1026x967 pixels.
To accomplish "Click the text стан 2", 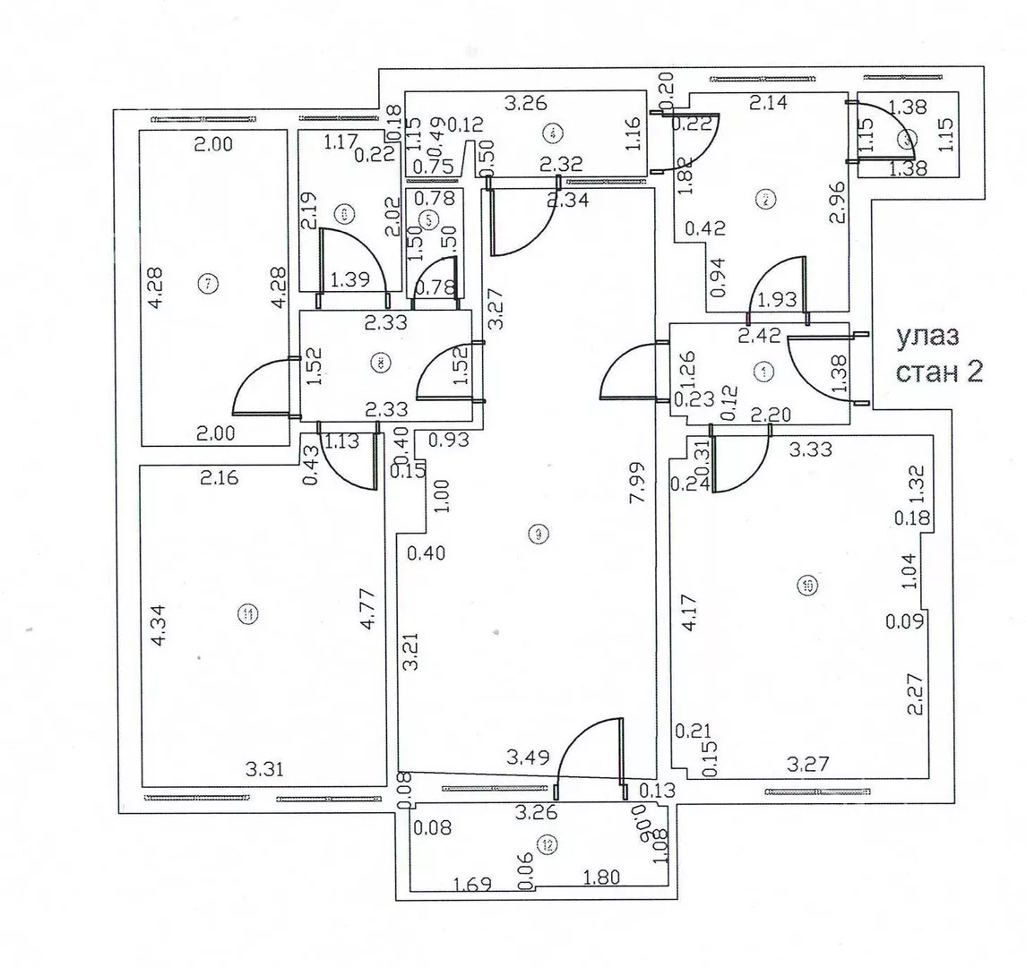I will (x=939, y=371).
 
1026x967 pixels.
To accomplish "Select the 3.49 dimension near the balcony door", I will (x=527, y=757).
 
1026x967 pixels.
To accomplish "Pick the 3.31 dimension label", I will (x=267, y=767).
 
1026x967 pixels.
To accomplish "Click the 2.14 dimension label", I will (x=768, y=103).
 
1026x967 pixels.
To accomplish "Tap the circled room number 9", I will (x=537, y=535).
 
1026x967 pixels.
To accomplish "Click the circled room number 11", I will (x=247, y=613).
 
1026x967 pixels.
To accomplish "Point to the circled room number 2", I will (x=764, y=200).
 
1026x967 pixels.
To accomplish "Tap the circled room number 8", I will (x=380, y=363).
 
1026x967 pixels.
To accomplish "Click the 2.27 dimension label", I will (x=915, y=694).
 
